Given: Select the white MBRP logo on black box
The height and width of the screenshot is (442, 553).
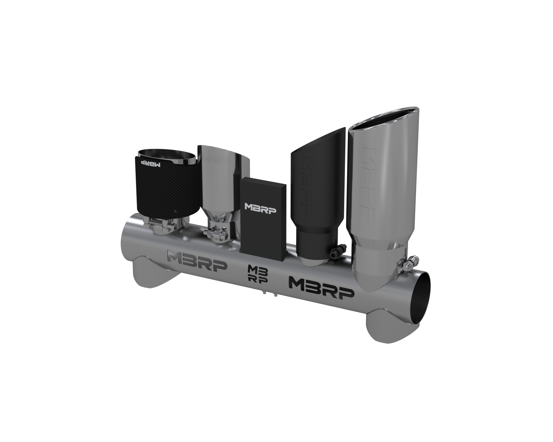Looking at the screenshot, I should tap(260, 206).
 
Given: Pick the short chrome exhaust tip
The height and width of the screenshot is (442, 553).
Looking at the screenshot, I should tap(223, 185).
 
